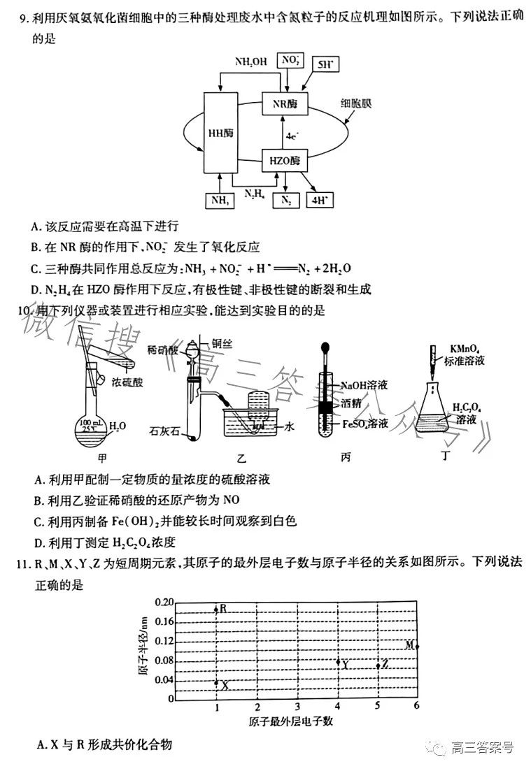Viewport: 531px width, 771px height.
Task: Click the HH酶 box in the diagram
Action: pos(220,132)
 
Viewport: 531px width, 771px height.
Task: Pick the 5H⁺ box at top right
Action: pos(325,66)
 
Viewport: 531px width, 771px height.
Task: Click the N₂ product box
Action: pos(285,201)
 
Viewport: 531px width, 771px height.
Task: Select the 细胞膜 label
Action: pos(357,102)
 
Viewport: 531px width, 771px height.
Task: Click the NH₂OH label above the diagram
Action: pos(251,62)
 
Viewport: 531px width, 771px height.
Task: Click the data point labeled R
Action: pos(216,610)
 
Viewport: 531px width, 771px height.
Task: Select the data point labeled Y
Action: pos(339,662)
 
